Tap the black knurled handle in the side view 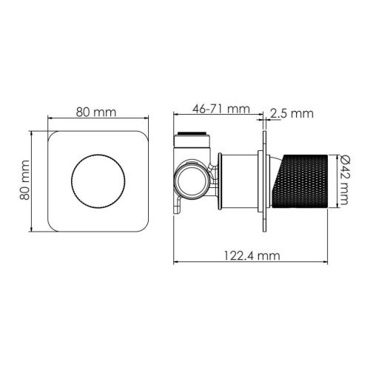click(x=303, y=181)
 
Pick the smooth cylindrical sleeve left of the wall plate click(x=238, y=181)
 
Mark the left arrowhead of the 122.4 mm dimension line click(x=175, y=263)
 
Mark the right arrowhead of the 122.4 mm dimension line click(x=326, y=263)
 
